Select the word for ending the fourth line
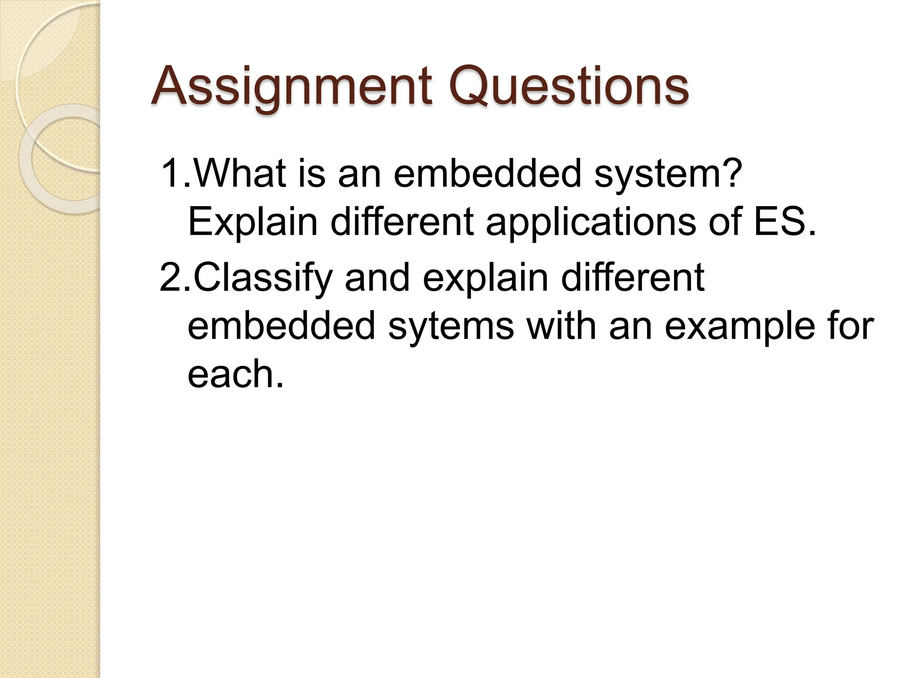[852, 326]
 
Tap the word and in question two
[377, 278]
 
